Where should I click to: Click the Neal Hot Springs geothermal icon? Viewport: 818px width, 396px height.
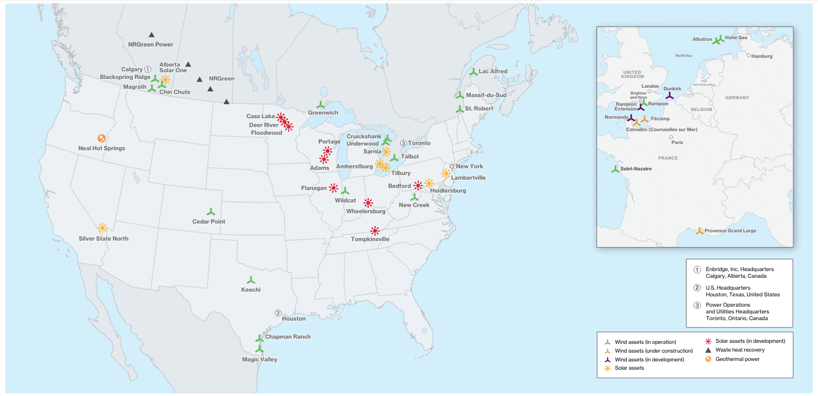pyautogui.click(x=102, y=138)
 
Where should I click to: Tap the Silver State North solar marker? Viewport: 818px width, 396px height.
pyautogui.click(x=103, y=228)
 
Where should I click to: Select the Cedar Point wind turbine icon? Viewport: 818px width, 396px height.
pyautogui.click(x=210, y=212)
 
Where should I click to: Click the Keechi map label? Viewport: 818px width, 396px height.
pyautogui.click(x=251, y=290)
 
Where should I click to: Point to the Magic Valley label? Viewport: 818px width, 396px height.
pyautogui.click(x=259, y=359)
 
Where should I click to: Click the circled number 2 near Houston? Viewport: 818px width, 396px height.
pyautogui.click(x=278, y=313)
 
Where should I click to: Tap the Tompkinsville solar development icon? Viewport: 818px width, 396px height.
pyautogui.click(x=375, y=230)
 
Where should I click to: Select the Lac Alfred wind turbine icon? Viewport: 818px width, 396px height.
pyautogui.click(x=473, y=72)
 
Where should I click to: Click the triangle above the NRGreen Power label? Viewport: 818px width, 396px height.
pyautogui.click(x=152, y=35)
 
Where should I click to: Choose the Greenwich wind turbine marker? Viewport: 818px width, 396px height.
pyautogui.click(x=321, y=105)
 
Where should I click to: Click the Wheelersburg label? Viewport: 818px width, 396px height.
pyautogui.click(x=366, y=211)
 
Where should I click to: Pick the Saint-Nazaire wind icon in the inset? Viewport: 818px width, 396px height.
pyautogui.click(x=615, y=169)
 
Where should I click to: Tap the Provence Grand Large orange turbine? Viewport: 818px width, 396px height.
pyautogui.click(x=699, y=231)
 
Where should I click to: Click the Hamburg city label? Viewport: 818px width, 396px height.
pyautogui.click(x=762, y=56)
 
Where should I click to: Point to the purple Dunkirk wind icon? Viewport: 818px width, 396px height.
pyautogui.click(x=669, y=96)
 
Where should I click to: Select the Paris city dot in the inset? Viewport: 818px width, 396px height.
pyautogui.click(x=671, y=137)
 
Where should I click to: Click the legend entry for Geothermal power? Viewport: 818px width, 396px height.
pyautogui.click(x=737, y=359)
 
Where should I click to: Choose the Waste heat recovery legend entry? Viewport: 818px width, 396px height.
pyautogui.click(x=740, y=350)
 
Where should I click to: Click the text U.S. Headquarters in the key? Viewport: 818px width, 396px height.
pyautogui.click(x=728, y=288)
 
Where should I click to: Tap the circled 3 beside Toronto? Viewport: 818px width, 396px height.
pyautogui.click(x=403, y=143)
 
